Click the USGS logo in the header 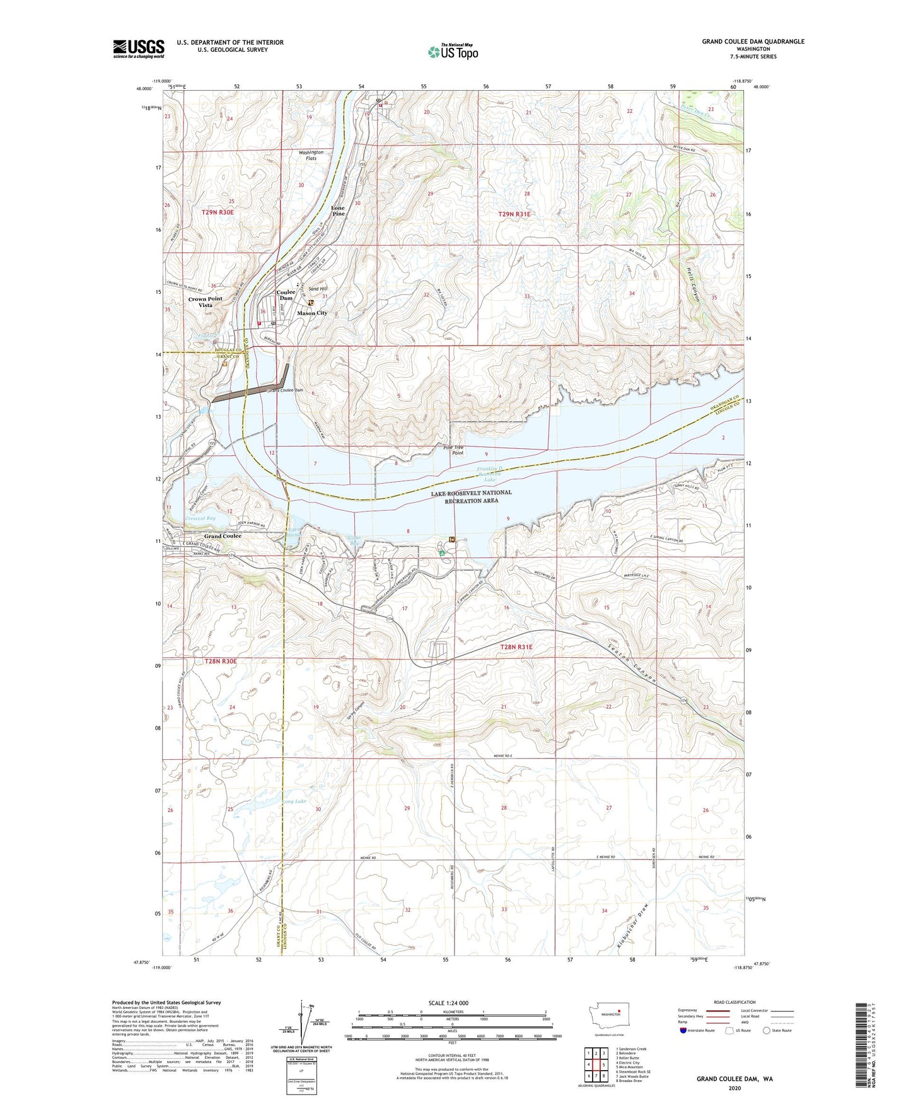click(x=139, y=49)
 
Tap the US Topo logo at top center click(x=453, y=52)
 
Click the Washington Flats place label click(x=311, y=155)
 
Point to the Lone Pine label click(x=339, y=211)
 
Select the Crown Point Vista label click(x=206, y=302)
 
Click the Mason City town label click(x=312, y=313)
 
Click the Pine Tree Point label click(x=454, y=450)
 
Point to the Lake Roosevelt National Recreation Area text click(x=471, y=496)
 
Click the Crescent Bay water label click(x=200, y=518)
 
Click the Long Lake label click(x=293, y=801)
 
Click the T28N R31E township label click(x=516, y=647)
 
